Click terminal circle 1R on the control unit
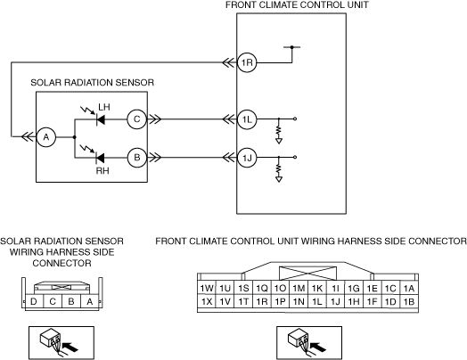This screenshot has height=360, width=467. point(247,63)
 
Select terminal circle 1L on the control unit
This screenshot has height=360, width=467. point(247,119)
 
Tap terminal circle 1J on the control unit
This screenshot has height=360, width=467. point(247,158)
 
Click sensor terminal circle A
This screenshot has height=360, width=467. point(46,137)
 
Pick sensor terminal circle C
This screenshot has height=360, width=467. point(137,119)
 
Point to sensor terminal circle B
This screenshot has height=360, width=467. point(137,158)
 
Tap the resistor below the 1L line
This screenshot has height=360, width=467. point(279,130)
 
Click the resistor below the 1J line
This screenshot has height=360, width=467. point(279,168)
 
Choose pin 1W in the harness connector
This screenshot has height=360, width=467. point(207,288)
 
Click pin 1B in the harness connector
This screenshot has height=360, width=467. point(409,302)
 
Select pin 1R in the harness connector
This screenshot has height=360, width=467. point(262,302)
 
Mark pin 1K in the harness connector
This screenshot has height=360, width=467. point(317,288)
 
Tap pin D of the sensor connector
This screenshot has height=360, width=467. point(34,302)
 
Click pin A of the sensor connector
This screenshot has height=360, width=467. point(90,302)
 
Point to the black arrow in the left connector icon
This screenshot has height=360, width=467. point(70,347)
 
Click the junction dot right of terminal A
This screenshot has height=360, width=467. point(75,137)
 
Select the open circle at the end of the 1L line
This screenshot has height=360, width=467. point(295,119)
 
